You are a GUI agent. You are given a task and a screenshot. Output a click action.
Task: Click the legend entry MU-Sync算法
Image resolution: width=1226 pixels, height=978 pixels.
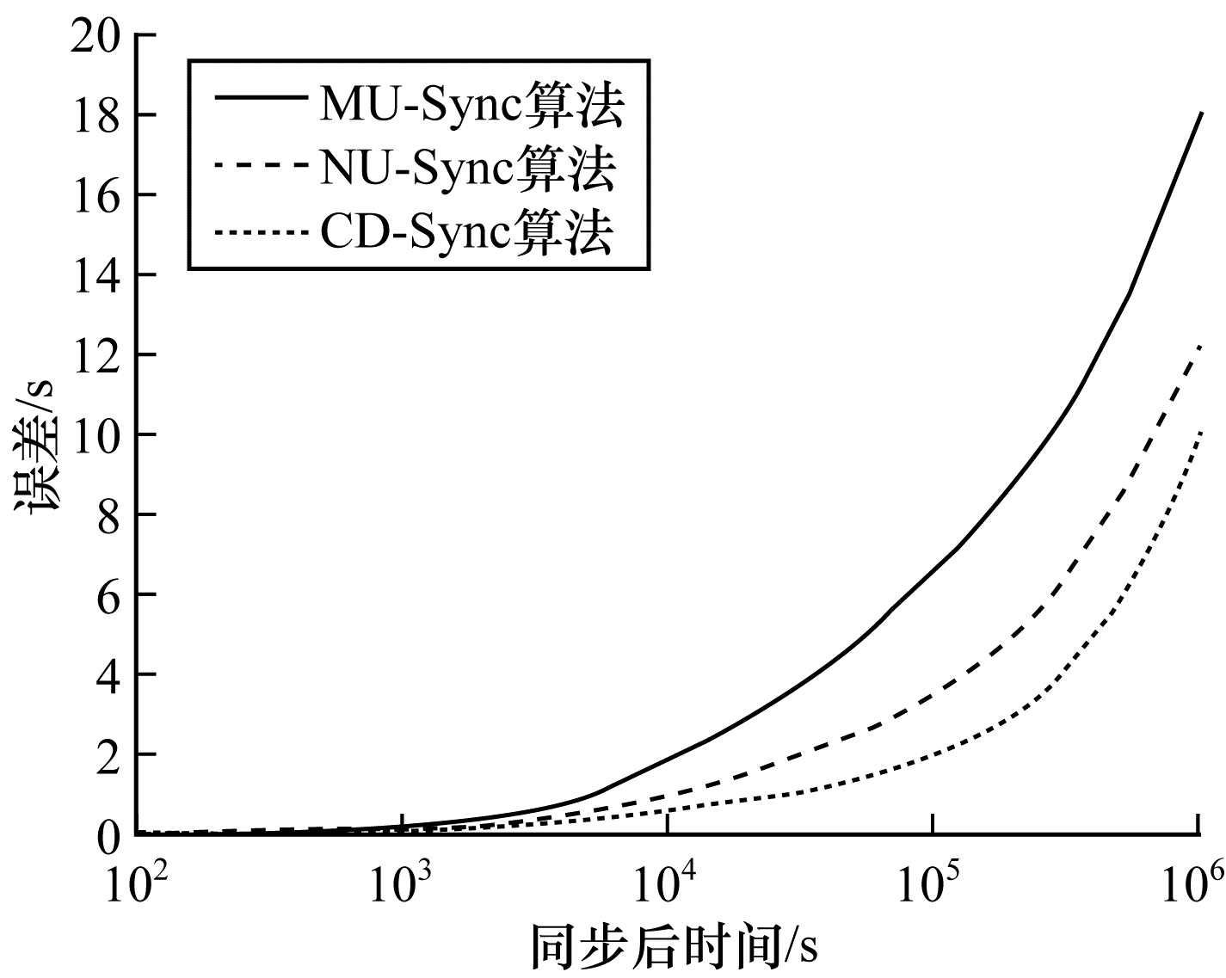click(x=472, y=105)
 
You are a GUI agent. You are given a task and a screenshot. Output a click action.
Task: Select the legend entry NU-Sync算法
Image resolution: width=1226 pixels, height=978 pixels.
click(x=469, y=169)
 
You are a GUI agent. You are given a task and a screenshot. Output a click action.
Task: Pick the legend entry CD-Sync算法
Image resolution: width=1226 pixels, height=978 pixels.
click(x=467, y=232)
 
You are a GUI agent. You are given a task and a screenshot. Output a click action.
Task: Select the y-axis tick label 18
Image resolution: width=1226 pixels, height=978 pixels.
click(x=95, y=116)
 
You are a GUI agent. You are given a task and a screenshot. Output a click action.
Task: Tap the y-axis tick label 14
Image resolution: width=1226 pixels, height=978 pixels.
click(x=95, y=276)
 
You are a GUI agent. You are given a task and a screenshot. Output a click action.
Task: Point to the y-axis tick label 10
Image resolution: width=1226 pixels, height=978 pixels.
click(x=95, y=436)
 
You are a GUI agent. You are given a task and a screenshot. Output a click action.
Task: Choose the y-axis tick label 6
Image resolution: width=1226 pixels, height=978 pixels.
click(x=108, y=596)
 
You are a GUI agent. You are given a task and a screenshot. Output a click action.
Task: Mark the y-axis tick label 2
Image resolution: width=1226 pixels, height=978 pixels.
click(x=108, y=755)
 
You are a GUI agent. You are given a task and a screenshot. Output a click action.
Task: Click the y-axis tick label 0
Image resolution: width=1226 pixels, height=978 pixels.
click(x=108, y=836)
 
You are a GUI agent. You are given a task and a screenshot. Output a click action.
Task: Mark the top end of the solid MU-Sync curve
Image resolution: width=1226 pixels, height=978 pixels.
click(x=1201, y=114)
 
